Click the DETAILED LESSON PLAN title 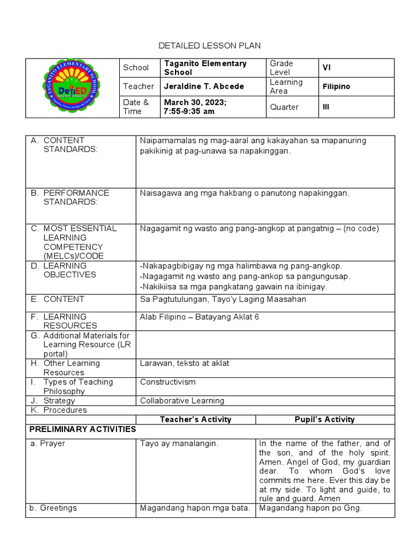click(210, 45)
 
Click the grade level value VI click(326, 67)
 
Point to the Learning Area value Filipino click(336, 86)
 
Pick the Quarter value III click(326, 107)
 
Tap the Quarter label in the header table click(284, 107)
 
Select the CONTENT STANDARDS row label click(70, 145)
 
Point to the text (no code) click(358, 229)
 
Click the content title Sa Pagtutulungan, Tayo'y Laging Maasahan click(223, 299)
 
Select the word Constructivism click(167, 382)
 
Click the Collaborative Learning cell click(182, 400)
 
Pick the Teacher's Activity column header click(195, 419)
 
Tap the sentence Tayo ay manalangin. click(179, 444)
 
